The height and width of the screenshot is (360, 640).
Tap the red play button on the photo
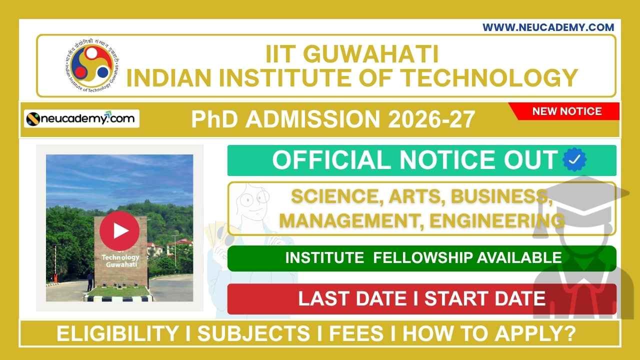tap(119, 230)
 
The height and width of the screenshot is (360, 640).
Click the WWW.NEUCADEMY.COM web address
tap(548, 27)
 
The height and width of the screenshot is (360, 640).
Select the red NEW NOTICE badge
tap(566, 111)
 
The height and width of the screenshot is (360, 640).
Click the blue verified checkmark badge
tap(574, 160)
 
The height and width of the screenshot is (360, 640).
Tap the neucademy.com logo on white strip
tap(82, 119)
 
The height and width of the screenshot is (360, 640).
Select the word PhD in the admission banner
tap(214, 120)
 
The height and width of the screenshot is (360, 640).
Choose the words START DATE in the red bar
tap(485, 298)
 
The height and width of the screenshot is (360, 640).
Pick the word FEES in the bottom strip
tap(360, 334)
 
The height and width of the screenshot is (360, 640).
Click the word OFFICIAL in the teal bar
tap(332, 160)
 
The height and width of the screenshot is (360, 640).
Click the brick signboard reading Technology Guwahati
tap(120, 255)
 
